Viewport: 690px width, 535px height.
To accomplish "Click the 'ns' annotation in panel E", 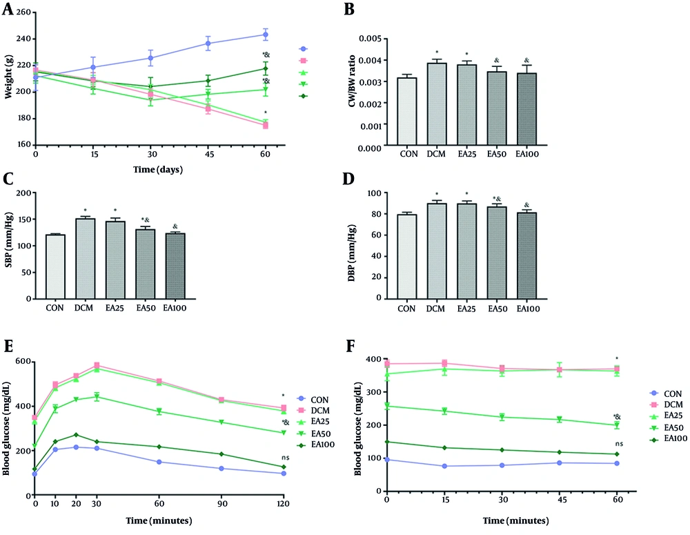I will tap(284, 458).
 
